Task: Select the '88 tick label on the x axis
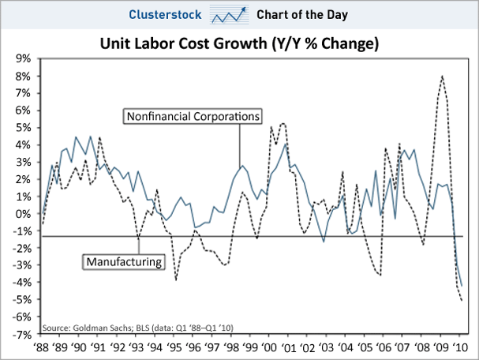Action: coord(40,347)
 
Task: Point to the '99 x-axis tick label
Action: coord(250,347)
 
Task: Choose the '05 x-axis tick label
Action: coord(365,347)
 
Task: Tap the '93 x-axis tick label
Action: coord(136,347)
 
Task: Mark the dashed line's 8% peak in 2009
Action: coord(442,76)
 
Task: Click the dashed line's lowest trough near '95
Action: coord(175,280)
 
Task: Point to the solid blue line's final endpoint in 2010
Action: coord(462,286)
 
